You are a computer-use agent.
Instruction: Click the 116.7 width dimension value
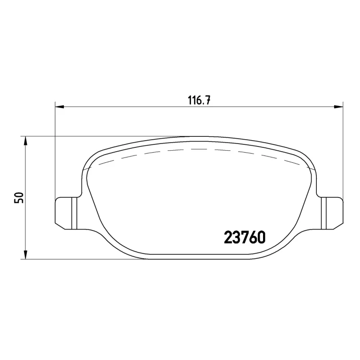pos(199,101)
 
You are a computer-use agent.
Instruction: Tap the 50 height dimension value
pos(19,197)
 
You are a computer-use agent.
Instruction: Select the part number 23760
pos(245,237)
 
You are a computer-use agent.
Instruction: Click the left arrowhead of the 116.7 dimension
pos(59,107)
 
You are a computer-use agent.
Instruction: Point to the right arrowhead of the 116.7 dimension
pos(339,107)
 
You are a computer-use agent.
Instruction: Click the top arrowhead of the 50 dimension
pos(26,140)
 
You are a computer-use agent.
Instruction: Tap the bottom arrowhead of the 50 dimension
pos(26,255)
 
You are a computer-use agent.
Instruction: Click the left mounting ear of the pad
pos(67,213)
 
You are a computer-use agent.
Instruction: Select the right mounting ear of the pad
pos(332,213)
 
